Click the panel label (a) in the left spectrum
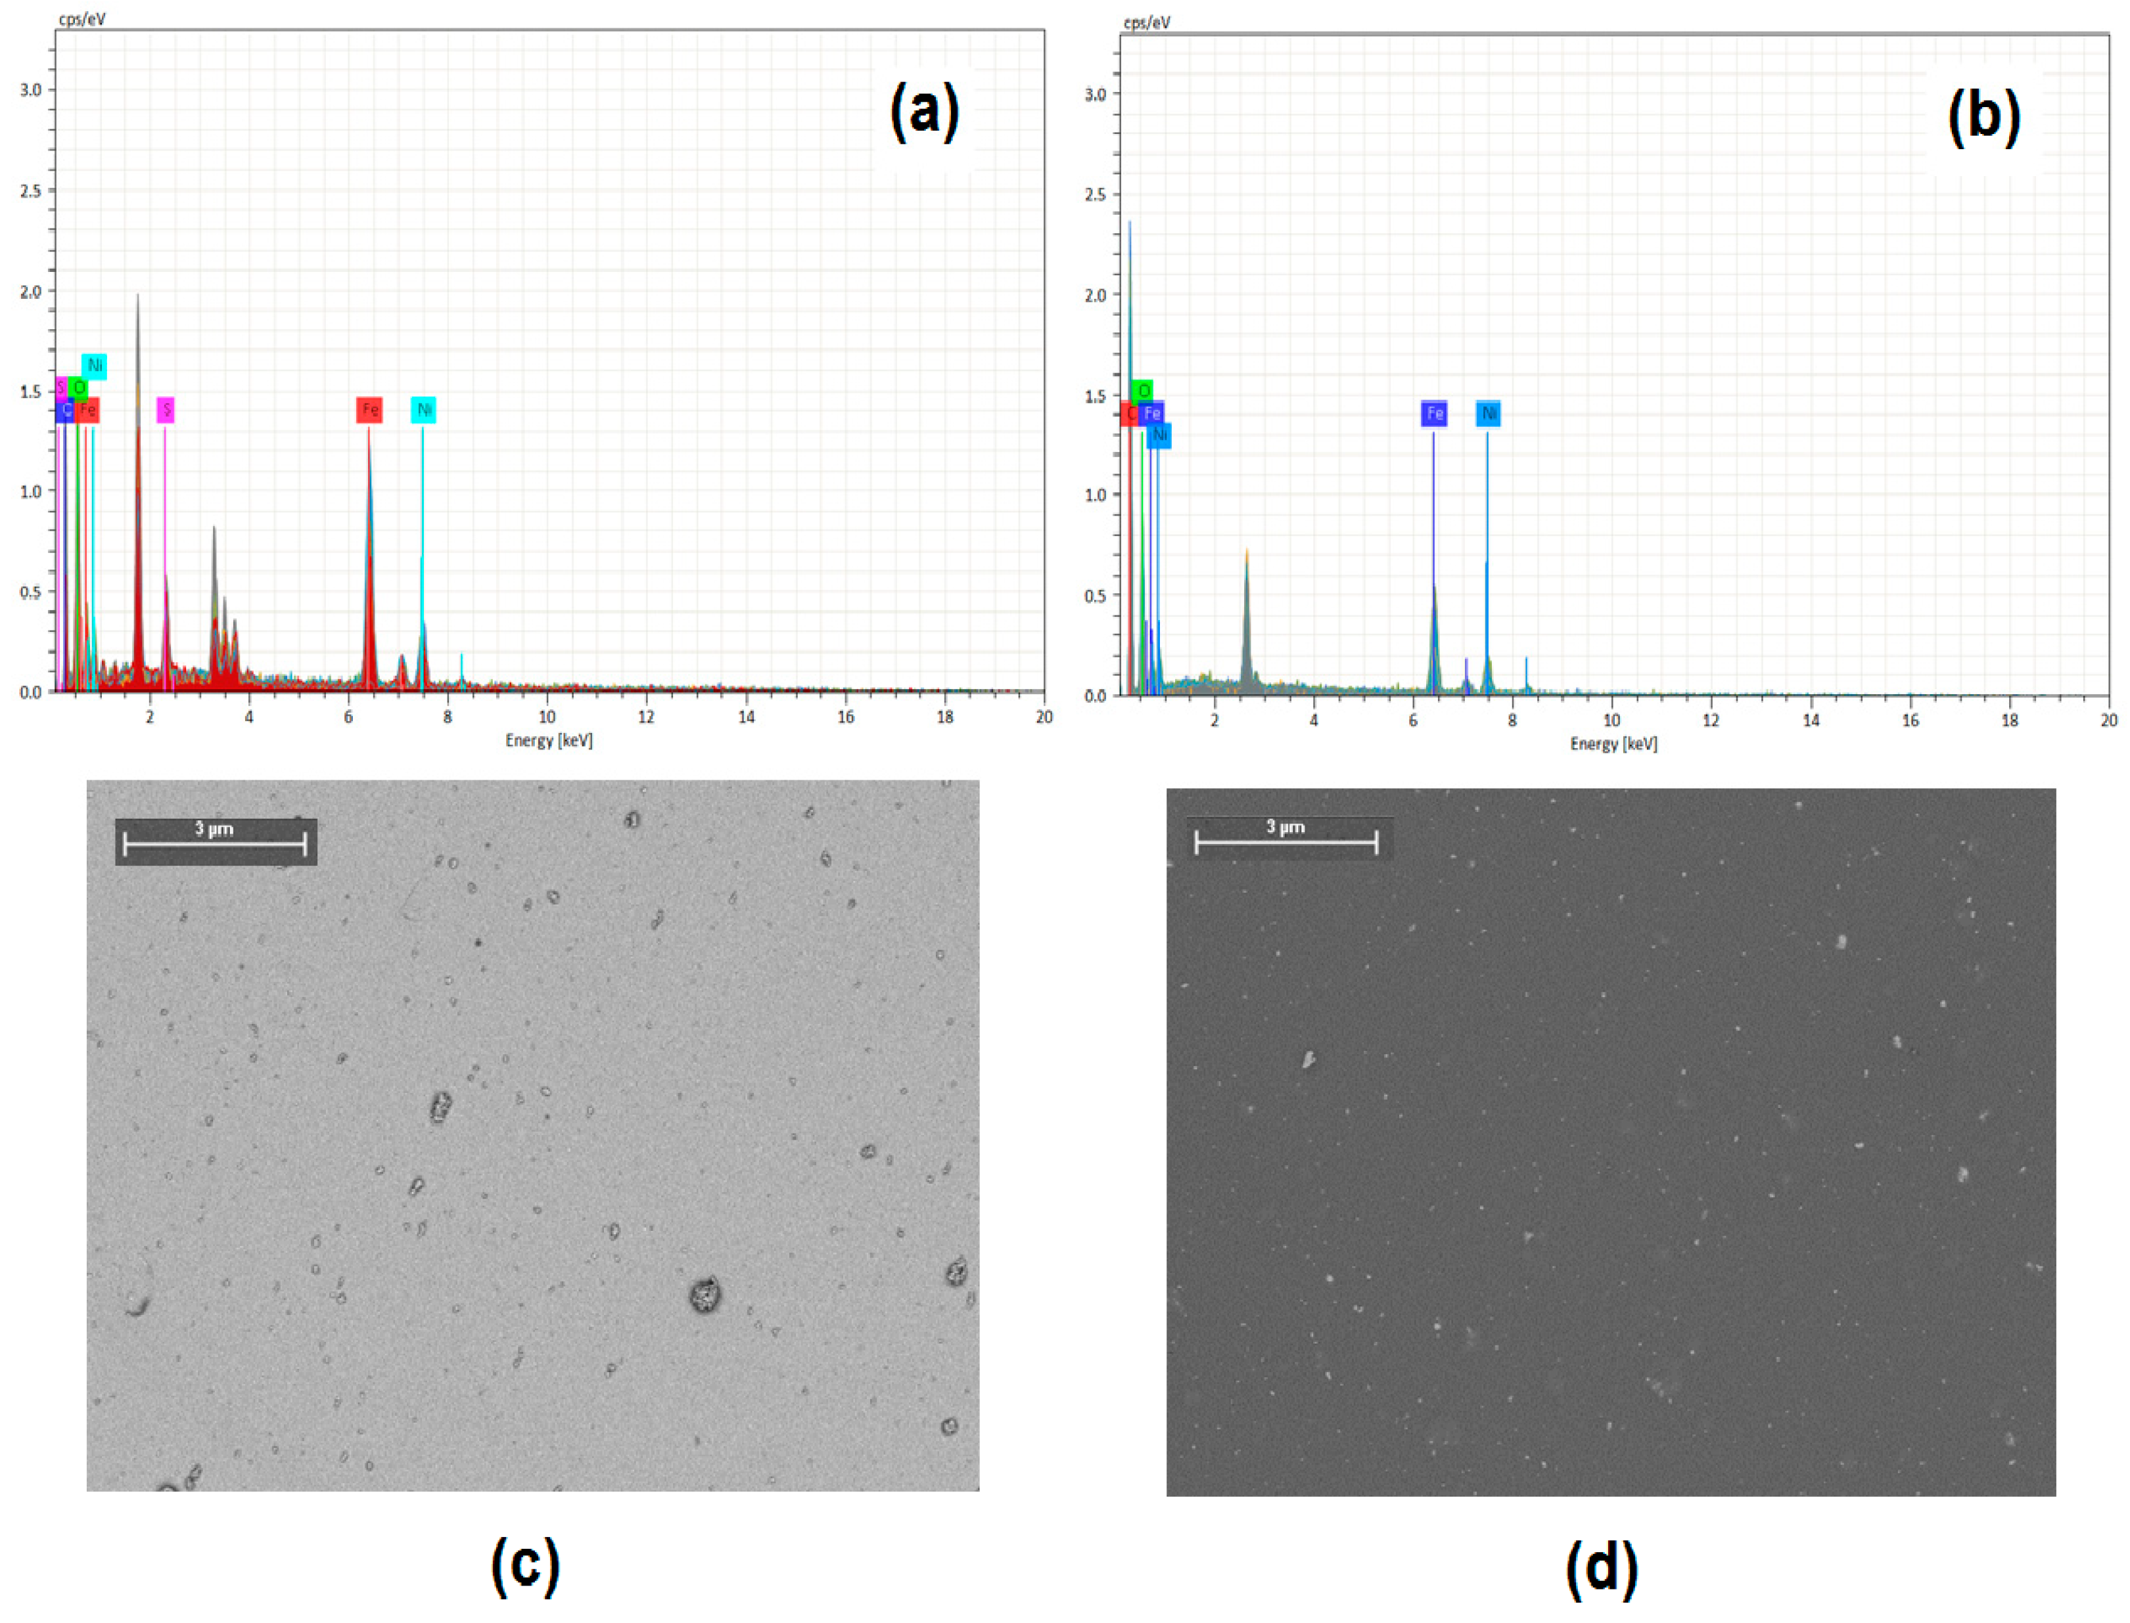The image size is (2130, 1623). (924, 113)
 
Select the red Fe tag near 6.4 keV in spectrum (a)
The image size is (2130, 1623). (369, 410)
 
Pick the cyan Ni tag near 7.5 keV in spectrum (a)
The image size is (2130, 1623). (423, 410)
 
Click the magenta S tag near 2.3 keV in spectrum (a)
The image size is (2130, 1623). (165, 410)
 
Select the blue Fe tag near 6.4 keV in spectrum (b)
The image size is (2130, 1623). (1434, 414)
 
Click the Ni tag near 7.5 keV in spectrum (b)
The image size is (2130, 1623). (1489, 414)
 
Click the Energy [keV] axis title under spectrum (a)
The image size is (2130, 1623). (548, 740)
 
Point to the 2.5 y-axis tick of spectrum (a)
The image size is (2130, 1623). (31, 190)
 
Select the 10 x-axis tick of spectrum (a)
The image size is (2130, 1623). (547, 717)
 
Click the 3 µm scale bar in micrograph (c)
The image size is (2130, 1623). (214, 843)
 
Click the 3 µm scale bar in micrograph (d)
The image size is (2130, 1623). (1285, 841)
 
